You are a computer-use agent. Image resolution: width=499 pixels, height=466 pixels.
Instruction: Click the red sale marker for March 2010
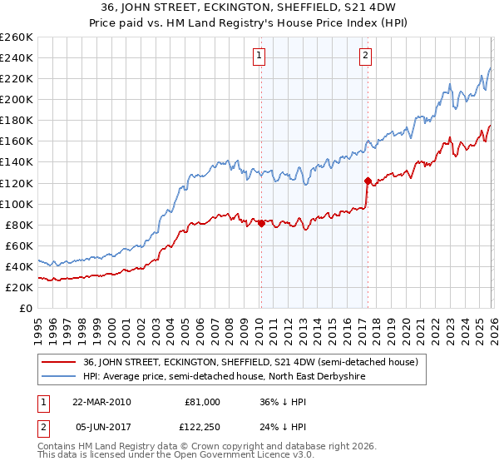(261, 223)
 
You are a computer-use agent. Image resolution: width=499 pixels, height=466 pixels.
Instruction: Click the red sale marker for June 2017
(367, 180)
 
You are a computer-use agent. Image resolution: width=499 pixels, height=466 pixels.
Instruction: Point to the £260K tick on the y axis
(17, 37)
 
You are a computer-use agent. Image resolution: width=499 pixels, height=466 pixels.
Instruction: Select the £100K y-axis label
(17, 204)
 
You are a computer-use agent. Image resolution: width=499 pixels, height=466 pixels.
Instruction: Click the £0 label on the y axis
(27, 308)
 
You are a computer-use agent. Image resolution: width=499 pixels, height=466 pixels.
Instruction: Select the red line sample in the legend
(60, 362)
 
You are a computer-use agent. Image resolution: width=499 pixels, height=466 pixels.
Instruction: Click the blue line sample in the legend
(60, 377)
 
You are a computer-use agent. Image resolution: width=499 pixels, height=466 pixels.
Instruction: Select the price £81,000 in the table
(202, 402)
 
